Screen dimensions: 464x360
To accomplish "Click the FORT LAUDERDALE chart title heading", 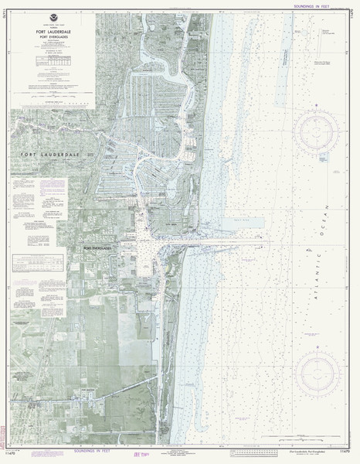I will click(x=54, y=31).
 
